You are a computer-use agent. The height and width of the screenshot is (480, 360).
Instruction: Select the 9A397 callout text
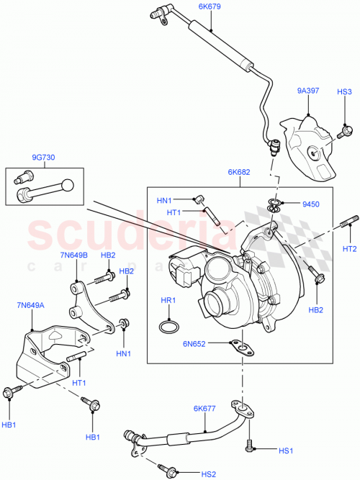[307, 92]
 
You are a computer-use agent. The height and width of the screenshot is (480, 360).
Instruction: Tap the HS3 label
[345, 92]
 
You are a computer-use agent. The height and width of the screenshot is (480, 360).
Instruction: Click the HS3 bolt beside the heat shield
[346, 131]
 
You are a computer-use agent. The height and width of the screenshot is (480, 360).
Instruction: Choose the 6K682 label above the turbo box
[239, 173]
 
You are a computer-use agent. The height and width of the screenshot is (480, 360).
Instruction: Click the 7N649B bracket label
[75, 255]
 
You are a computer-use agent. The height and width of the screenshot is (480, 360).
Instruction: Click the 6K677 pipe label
[205, 409]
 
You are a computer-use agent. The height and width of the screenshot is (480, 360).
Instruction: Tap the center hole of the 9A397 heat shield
[315, 152]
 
